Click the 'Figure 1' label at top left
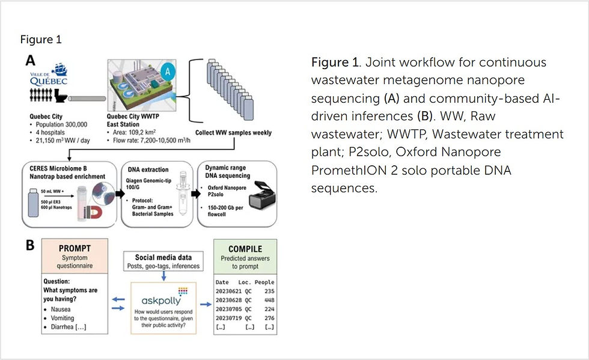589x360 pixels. (x=41, y=40)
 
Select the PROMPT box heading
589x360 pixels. (x=75, y=248)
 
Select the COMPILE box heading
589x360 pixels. (x=245, y=248)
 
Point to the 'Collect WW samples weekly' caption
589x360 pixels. (x=233, y=133)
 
